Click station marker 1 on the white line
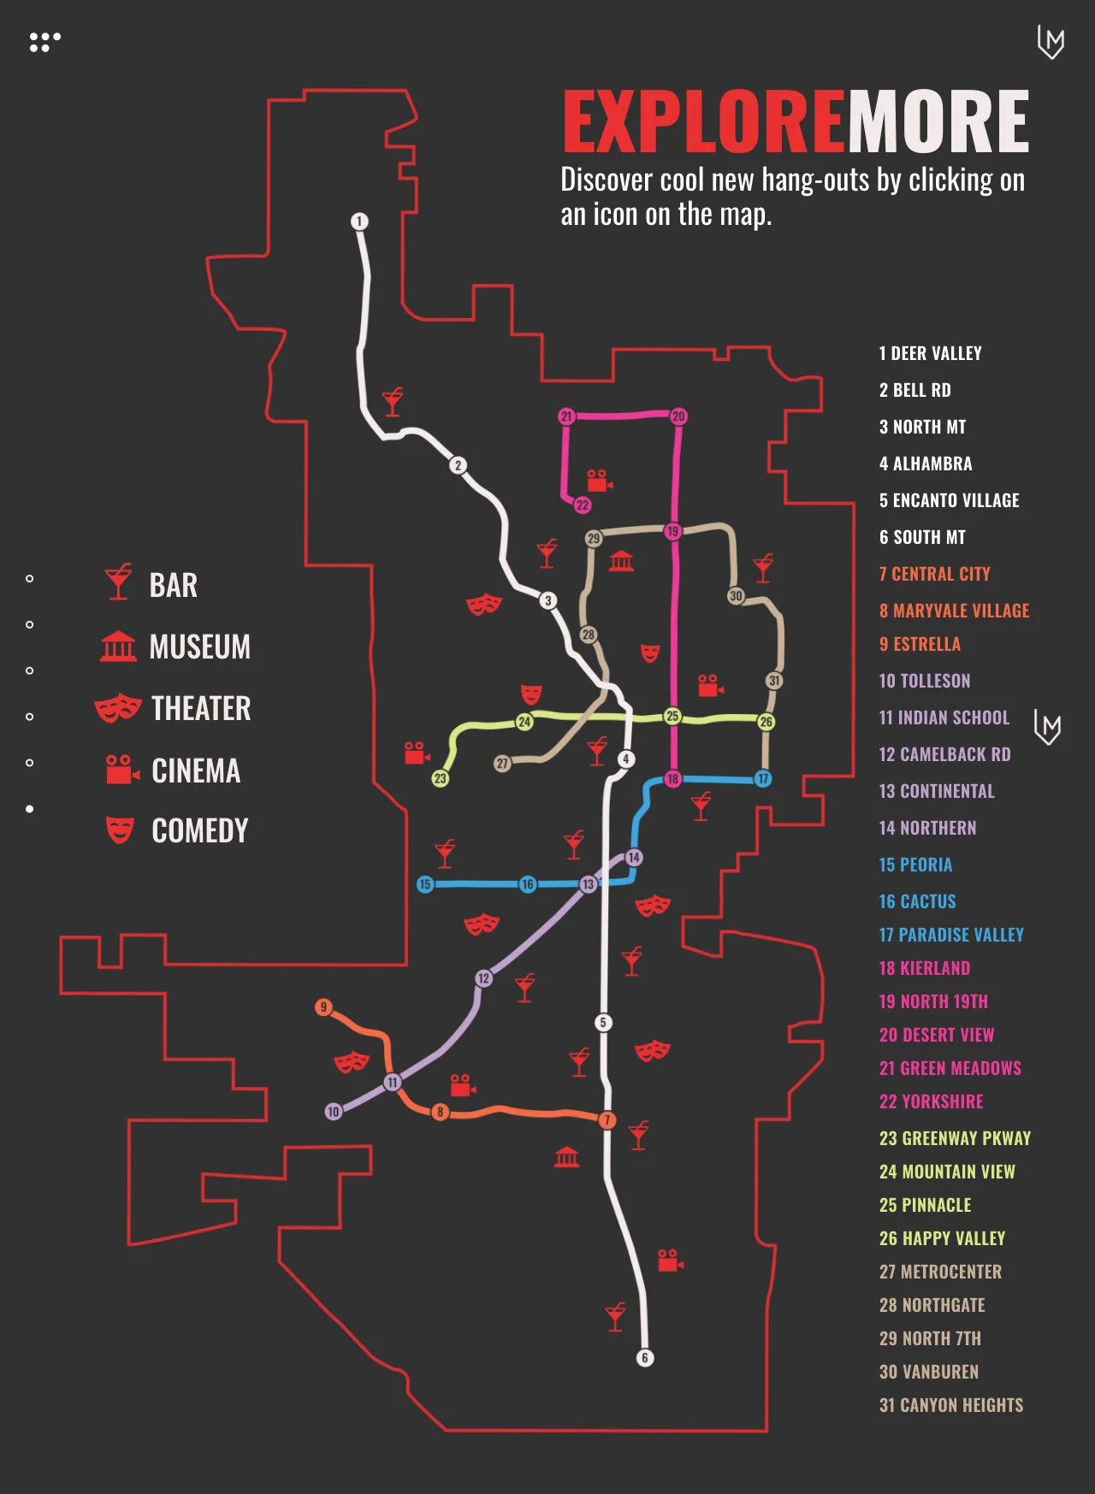click(x=359, y=221)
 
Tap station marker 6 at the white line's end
click(x=645, y=1357)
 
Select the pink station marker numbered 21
click(x=566, y=416)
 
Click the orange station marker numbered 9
click(x=323, y=1007)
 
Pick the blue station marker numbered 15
click(x=425, y=884)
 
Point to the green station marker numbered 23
click(x=440, y=778)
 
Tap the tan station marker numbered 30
click(x=736, y=595)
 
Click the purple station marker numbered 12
click(x=484, y=978)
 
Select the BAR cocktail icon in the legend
click(x=118, y=582)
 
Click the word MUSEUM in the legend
click(x=199, y=647)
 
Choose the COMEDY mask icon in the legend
click(x=120, y=830)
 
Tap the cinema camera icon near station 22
click(x=599, y=481)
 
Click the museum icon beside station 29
click(x=622, y=562)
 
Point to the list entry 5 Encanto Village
click(x=949, y=500)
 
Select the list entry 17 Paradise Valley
click(x=951, y=935)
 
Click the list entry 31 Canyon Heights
click(x=950, y=1405)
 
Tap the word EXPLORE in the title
click(x=703, y=122)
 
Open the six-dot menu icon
click(x=44, y=42)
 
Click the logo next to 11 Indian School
click(x=1047, y=727)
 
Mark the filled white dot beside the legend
click(x=30, y=808)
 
